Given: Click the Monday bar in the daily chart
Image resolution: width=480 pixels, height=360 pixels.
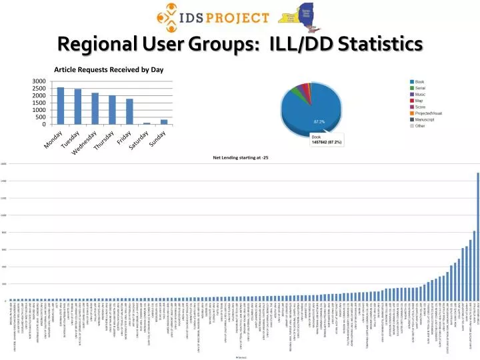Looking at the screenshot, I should click(x=61, y=106).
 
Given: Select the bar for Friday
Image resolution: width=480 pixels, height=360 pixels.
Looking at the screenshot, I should click(x=129, y=111).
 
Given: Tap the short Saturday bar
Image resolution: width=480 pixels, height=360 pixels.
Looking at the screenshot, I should click(x=147, y=123).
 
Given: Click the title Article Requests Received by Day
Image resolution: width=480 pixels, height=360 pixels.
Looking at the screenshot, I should click(x=109, y=69).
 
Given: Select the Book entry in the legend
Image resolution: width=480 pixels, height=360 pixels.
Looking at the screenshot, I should click(x=419, y=81).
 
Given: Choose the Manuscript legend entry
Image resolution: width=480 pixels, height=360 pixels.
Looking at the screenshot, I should click(x=425, y=119).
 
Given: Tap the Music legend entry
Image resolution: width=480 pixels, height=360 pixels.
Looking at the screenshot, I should click(x=420, y=94).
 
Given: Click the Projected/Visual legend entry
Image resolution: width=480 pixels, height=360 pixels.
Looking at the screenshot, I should click(x=428, y=113).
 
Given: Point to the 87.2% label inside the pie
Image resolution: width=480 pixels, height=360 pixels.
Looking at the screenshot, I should click(x=319, y=122).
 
